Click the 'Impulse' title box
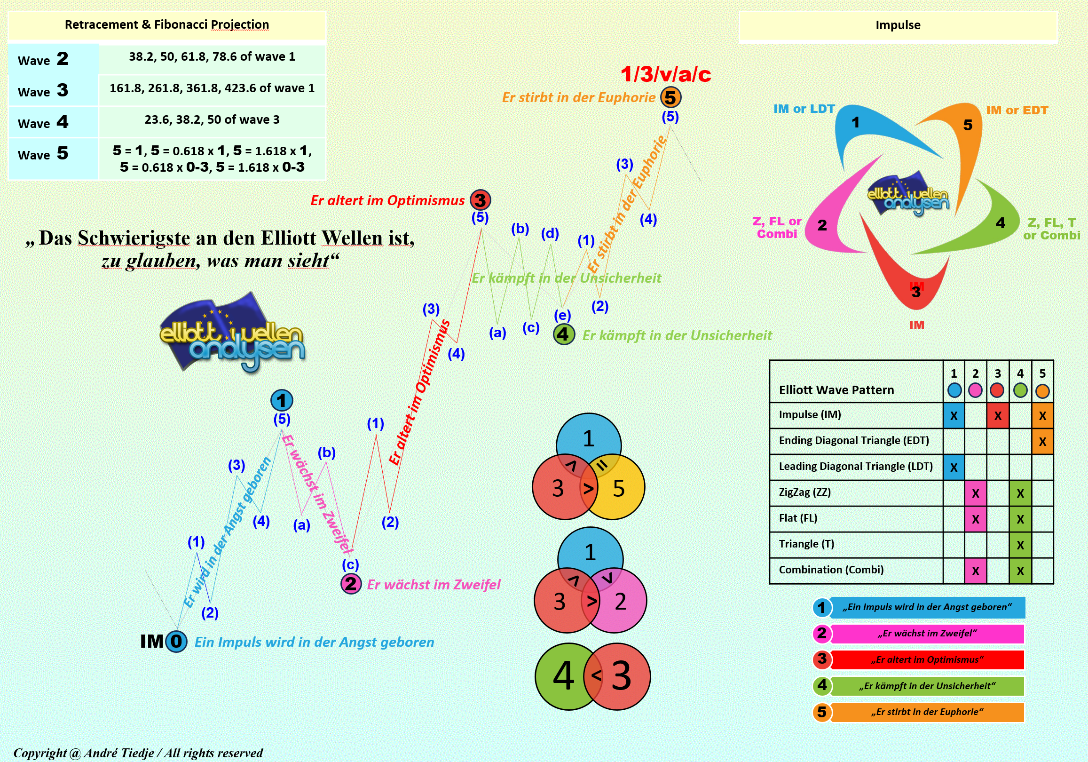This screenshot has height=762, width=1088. [898, 25]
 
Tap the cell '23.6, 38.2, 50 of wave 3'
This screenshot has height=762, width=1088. [212, 119]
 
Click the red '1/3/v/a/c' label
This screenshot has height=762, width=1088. [665, 74]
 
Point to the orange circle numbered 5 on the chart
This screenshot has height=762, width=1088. [670, 97]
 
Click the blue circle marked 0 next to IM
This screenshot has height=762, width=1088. [176, 641]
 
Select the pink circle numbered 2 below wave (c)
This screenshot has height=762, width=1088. [351, 584]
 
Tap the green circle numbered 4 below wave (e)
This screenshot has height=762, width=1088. [563, 334]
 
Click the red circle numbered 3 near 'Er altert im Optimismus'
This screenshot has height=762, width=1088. [480, 200]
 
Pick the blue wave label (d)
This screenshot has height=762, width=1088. [550, 233]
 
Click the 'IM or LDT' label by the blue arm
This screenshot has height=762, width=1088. [804, 109]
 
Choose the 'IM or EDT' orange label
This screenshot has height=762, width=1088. [1017, 110]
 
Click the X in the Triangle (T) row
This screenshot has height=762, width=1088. [1020, 545]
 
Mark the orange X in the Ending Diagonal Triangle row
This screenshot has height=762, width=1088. [1042, 442]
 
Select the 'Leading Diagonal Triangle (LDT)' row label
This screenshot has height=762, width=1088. [855, 466]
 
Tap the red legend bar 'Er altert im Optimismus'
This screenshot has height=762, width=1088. [927, 659]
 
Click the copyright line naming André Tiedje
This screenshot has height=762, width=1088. [138, 753]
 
